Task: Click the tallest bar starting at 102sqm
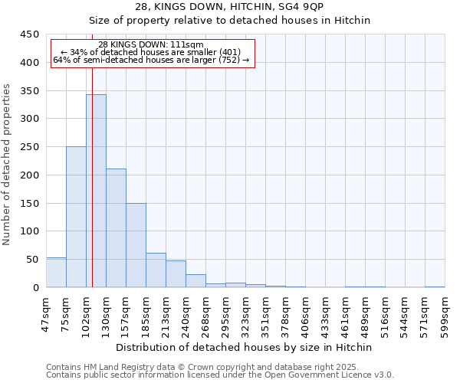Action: [96, 191]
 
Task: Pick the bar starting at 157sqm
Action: [136, 245]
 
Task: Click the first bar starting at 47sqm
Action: [56, 273]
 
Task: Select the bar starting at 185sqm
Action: [156, 270]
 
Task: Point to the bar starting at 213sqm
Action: [176, 274]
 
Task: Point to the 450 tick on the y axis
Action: [29, 34]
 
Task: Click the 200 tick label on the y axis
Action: [29, 175]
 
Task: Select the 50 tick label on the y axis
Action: [32, 260]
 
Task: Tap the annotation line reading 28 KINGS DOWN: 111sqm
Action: [151, 44]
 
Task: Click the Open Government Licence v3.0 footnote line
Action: [220, 375]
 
